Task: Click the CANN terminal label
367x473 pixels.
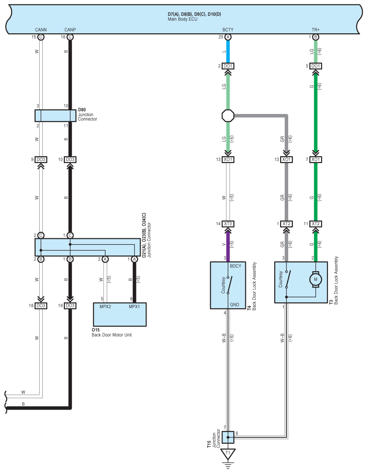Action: pos(41,30)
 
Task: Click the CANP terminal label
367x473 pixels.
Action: pos(70,30)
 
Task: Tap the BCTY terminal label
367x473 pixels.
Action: pos(228,30)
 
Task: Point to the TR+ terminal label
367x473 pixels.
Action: pos(315,30)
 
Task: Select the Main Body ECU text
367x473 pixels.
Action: pos(182,19)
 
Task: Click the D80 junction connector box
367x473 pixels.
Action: pos(55,115)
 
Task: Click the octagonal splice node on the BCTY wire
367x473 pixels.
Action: pos(228,115)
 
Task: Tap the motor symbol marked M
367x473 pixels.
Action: pos(315,279)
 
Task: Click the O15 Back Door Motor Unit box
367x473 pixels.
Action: pos(120,314)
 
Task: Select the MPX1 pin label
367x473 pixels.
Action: pos(134,306)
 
